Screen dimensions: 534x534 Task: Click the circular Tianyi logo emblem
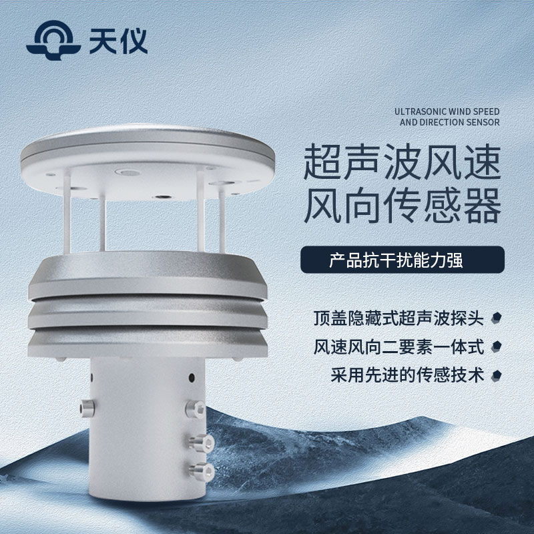tap(53, 40)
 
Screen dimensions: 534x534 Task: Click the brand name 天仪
tap(118, 41)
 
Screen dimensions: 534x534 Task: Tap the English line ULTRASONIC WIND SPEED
tap(447, 111)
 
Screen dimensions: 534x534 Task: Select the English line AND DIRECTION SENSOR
tap(449, 122)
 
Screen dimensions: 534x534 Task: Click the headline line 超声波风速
tap(403, 162)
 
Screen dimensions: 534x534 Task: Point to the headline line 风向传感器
tap(403, 206)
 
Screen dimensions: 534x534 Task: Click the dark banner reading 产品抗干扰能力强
tap(403, 260)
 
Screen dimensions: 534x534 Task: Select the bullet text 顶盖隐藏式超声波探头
tap(398, 318)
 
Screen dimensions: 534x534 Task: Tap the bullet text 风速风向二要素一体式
tap(398, 347)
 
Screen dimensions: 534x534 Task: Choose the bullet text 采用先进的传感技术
tap(407, 375)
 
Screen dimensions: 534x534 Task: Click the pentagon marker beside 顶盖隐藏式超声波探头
tap(497, 318)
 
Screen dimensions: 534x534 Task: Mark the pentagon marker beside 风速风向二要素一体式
tap(497, 346)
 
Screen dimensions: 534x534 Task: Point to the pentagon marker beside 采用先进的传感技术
tap(497, 376)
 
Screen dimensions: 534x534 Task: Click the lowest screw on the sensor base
tap(202, 472)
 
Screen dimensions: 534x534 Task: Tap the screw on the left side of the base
tap(87, 409)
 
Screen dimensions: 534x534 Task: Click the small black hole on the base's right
tap(192, 377)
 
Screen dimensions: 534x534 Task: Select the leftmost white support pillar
tap(67, 211)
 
